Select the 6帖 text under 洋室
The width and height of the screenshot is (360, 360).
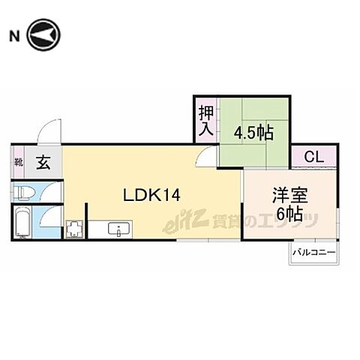coord(289,215)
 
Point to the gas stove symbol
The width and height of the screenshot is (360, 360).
coord(74,229)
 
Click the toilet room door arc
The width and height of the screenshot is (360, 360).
coord(50,191)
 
